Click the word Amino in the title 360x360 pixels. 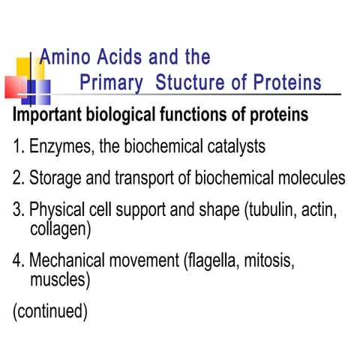(62, 57)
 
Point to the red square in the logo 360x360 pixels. (15, 86)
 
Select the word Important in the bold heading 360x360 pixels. (47, 117)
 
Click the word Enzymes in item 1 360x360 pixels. (59, 148)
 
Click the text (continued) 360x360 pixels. (50, 311)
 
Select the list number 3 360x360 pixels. (18, 210)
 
